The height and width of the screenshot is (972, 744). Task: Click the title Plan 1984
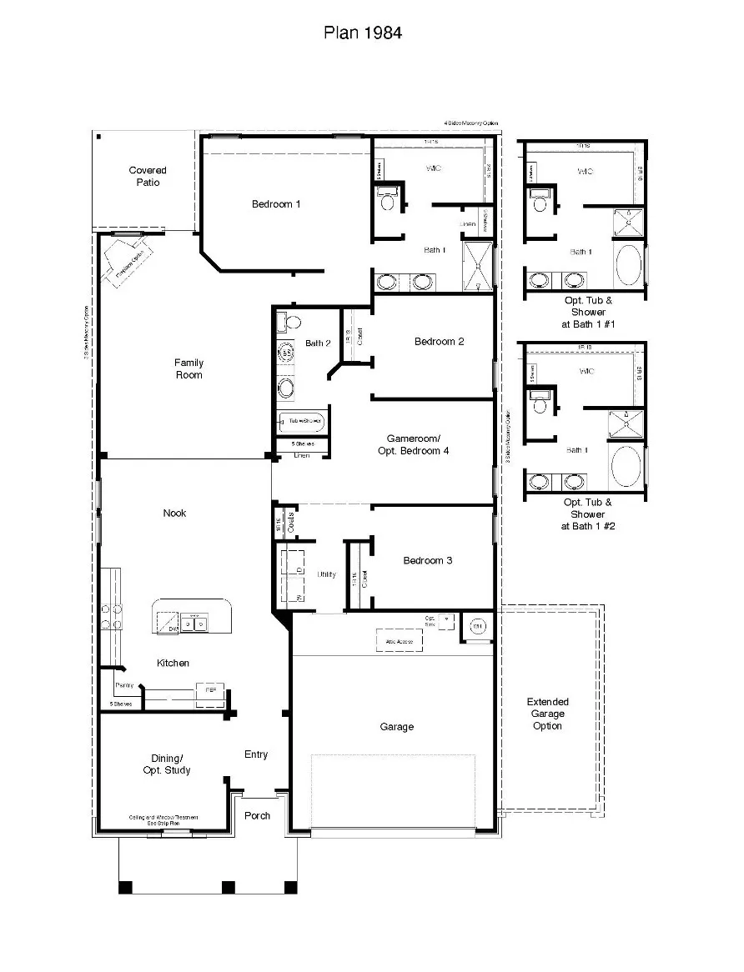tap(363, 33)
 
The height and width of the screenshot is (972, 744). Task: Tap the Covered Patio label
tap(148, 176)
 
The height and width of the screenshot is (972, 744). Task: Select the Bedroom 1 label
tap(276, 204)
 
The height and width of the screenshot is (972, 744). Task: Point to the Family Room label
tap(189, 368)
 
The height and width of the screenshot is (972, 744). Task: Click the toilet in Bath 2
tap(284, 322)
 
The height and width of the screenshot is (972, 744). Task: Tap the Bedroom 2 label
tap(439, 341)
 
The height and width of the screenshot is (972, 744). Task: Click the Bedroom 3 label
tap(427, 560)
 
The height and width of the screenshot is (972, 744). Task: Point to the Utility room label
tap(326, 574)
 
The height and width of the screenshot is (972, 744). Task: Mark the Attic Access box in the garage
tap(399, 639)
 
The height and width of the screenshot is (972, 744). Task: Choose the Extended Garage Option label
tap(547, 714)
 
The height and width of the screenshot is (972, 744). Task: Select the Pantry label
tap(124, 684)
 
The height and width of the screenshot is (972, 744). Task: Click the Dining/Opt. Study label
tap(166, 764)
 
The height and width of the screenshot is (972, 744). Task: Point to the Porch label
tap(257, 815)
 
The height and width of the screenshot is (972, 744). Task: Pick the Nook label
tap(174, 513)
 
